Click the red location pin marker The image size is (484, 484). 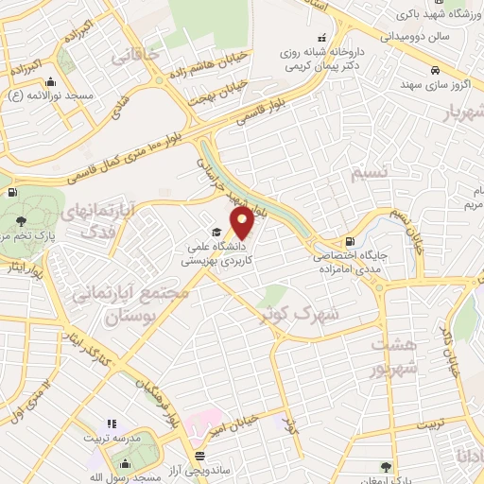coord(242,223)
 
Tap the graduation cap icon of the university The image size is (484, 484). coord(216,233)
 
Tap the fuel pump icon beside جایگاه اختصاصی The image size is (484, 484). coord(352,242)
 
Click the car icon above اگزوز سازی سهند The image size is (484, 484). coord(433,71)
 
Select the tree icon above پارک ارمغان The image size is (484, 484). coord(384,465)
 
